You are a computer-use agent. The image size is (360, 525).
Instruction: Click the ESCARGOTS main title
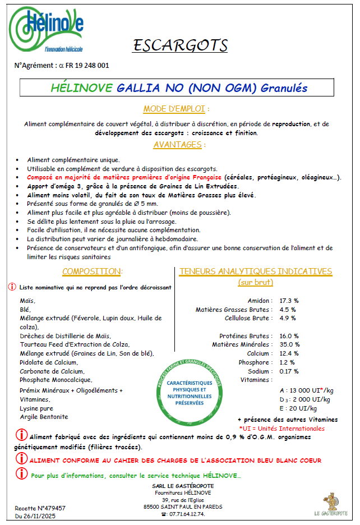point(180,45)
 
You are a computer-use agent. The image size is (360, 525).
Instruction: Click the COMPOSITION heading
point(92,271)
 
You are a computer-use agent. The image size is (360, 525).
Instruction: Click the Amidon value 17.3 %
point(289,301)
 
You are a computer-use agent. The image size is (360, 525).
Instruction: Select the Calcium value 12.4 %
point(289,353)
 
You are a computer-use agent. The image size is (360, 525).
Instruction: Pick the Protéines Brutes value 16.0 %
point(289,336)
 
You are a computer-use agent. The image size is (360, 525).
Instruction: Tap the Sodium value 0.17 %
point(289,371)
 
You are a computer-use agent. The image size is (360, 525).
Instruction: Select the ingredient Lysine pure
point(38,408)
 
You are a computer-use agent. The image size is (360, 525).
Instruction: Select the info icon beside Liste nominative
point(12,287)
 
